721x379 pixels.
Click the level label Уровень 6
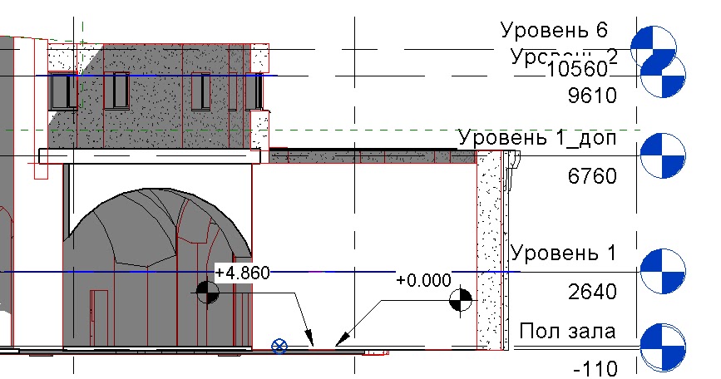(x=555, y=32)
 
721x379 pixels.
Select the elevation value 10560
(x=580, y=70)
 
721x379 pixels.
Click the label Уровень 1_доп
(x=537, y=137)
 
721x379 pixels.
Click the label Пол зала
(x=567, y=332)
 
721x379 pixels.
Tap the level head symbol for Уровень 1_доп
(x=664, y=155)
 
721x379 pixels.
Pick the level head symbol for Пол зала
(x=664, y=346)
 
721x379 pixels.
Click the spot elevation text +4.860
(x=241, y=273)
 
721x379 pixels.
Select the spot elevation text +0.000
(x=423, y=280)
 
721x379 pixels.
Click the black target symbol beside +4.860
(x=207, y=292)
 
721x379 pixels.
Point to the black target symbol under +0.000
(x=460, y=301)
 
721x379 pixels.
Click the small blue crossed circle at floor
(x=279, y=345)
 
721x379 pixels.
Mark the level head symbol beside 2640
(x=664, y=270)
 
